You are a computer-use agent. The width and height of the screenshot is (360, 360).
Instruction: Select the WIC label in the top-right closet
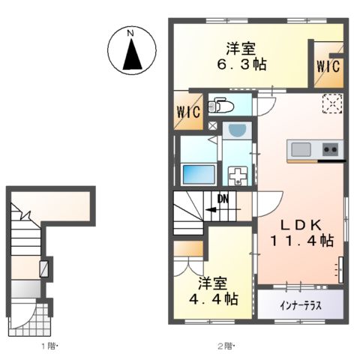(x=327, y=66)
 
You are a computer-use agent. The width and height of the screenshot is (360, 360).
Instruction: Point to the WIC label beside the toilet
(x=187, y=112)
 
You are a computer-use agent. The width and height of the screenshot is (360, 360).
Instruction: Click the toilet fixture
(x=220, y=105)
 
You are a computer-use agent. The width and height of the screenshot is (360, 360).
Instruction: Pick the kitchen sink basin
(x=303, y=148)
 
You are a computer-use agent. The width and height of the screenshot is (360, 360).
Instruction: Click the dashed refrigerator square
(x=331, y=104)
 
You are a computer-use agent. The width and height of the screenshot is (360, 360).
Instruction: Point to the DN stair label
(x=223, y=199)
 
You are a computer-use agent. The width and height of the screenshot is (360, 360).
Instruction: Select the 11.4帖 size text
(x=303, y=241)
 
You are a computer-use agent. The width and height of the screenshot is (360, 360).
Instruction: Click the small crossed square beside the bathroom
(x=213, y=127)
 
